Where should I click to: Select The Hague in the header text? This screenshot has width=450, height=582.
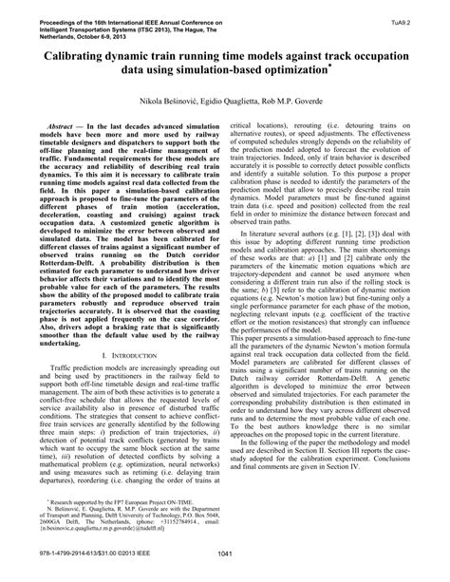tap(183, 24)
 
